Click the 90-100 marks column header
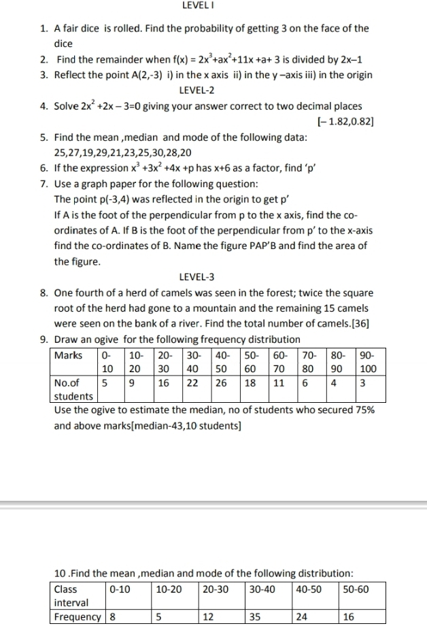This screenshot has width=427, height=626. coord(368,361)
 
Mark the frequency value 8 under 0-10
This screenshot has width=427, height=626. coord(113,618)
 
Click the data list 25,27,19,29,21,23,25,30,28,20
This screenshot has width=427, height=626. coord(122,152)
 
